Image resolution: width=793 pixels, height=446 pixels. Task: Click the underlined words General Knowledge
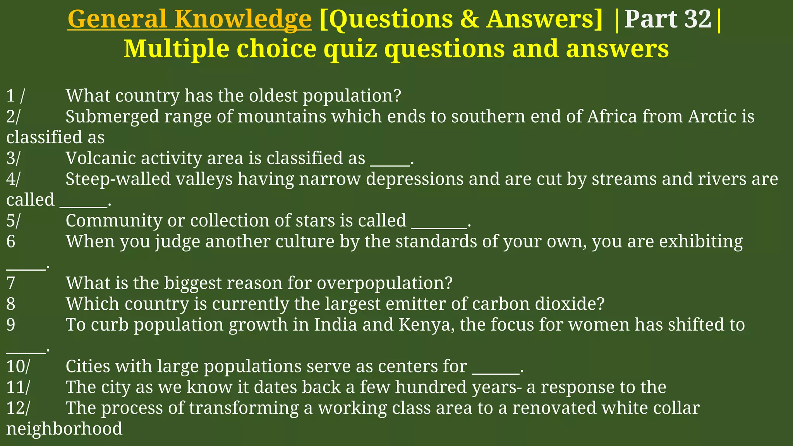[189, 19]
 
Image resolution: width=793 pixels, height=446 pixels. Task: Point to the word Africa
[612, 117]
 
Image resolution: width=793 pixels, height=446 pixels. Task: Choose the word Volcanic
[100, 158]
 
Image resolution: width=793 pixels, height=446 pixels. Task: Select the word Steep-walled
[118, 179]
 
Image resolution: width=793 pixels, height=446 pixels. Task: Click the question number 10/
[18, 367]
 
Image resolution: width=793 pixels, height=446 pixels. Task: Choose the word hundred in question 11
[431, 387]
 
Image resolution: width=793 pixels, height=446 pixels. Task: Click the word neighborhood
[64, 429]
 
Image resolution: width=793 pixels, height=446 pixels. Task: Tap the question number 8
[11, 304]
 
